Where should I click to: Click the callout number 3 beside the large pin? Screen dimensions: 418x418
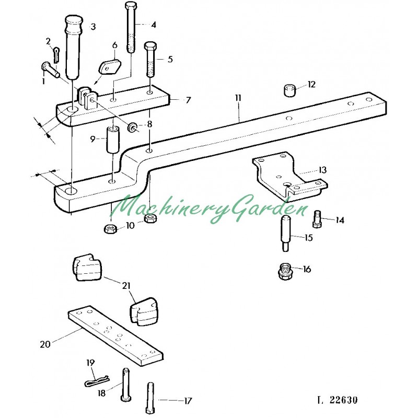93,27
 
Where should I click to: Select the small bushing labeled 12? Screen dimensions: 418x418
289,90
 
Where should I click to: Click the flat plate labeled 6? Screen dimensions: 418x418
110,67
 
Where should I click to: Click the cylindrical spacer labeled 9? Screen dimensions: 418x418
113,140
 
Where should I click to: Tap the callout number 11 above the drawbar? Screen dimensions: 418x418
238,98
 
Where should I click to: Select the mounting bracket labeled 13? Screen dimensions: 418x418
289,176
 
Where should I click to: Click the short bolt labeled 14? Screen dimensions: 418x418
317,219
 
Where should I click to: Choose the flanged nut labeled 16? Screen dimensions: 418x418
285,271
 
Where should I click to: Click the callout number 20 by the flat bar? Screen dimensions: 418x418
45,344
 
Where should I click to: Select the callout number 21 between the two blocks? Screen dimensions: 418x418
126,286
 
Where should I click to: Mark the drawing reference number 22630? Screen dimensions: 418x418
343,400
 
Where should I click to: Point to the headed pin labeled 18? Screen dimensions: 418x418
125,384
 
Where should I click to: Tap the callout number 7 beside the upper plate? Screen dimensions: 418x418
189,100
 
